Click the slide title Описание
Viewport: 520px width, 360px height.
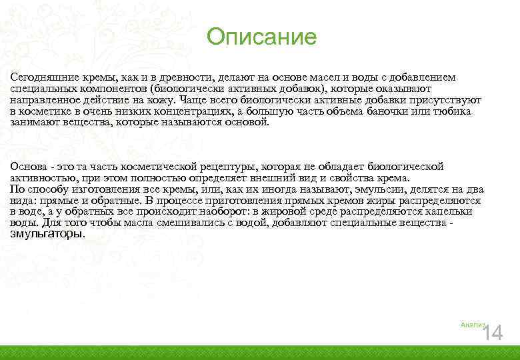tap(261, 37)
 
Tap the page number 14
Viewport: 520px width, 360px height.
tap(493, 333)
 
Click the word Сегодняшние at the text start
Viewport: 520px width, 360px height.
tap(41, 77)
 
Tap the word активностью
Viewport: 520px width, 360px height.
tap(44, 178)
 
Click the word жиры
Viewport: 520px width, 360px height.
tap(382, 201)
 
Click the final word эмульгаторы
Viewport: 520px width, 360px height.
tap(47, 234)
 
